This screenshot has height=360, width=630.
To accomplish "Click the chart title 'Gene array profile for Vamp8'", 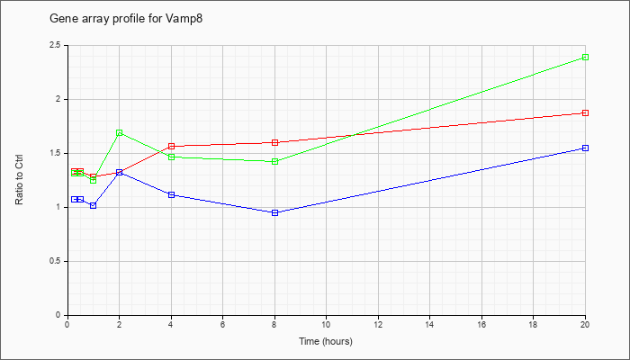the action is (126, 19).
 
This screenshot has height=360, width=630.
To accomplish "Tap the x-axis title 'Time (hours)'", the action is (326, 341).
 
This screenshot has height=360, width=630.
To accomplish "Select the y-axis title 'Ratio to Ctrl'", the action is (19, 179).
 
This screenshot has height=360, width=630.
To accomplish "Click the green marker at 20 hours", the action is (585, 57).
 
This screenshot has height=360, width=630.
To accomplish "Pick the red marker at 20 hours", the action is (585, 112).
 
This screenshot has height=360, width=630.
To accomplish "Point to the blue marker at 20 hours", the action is (585, 148).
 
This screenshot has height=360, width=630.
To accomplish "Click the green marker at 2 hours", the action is (120, 132).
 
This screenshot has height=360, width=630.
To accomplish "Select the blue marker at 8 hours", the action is (274, 212).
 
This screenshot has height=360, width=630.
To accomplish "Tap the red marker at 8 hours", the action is (274, 142).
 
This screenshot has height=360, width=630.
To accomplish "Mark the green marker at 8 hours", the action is (274, 161).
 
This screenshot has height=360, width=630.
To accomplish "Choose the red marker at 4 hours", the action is (171, 146).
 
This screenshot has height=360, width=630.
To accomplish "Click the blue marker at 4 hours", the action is (171, 194).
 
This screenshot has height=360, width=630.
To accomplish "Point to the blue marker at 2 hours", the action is (120, 172).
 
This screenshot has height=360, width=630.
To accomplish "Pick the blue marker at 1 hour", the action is (94, 205).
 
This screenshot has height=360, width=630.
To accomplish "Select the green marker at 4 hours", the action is (171, 157).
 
